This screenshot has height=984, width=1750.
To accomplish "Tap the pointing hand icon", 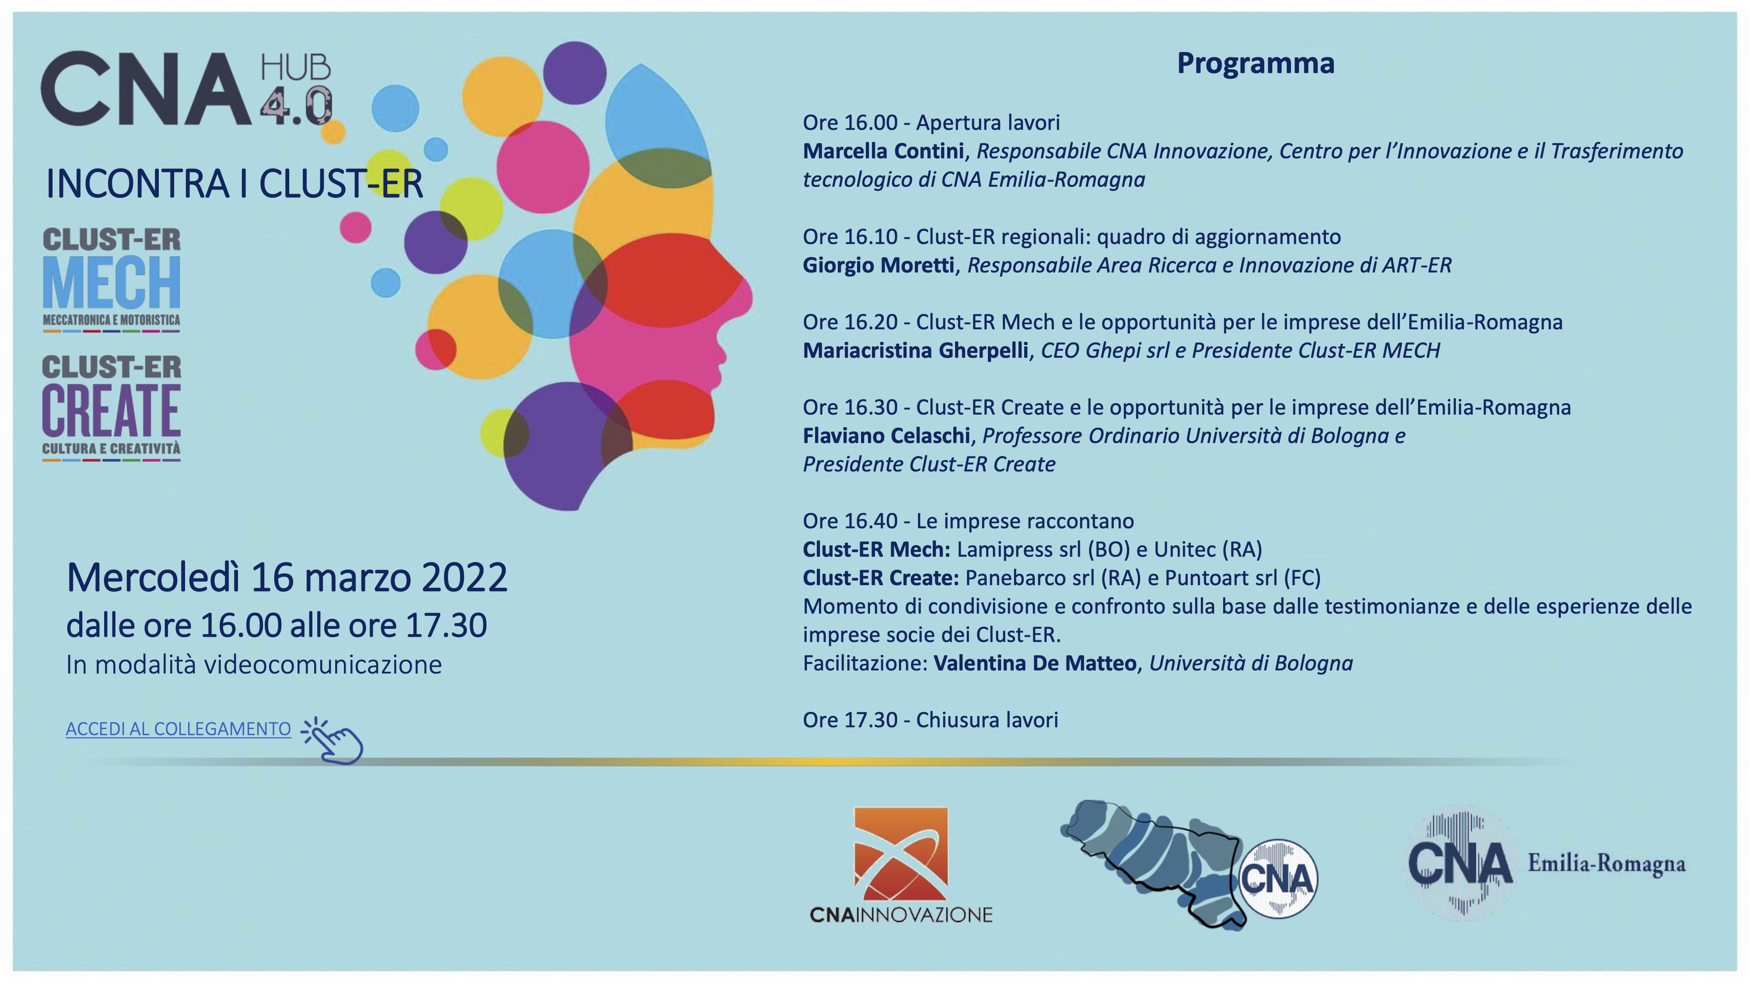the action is point(333,741).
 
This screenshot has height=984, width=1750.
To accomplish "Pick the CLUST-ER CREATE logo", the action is point(112,408).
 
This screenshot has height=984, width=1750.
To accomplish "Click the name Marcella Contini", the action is point(883,151).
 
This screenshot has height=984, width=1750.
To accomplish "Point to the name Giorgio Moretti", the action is point(878,265).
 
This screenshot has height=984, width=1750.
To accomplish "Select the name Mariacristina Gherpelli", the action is point(915,350).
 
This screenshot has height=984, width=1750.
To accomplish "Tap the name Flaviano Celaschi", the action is point(886,435).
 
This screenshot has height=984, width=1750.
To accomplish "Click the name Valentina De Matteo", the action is point(1035,663).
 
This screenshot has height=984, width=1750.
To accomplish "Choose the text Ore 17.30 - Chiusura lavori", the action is point(931,720).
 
